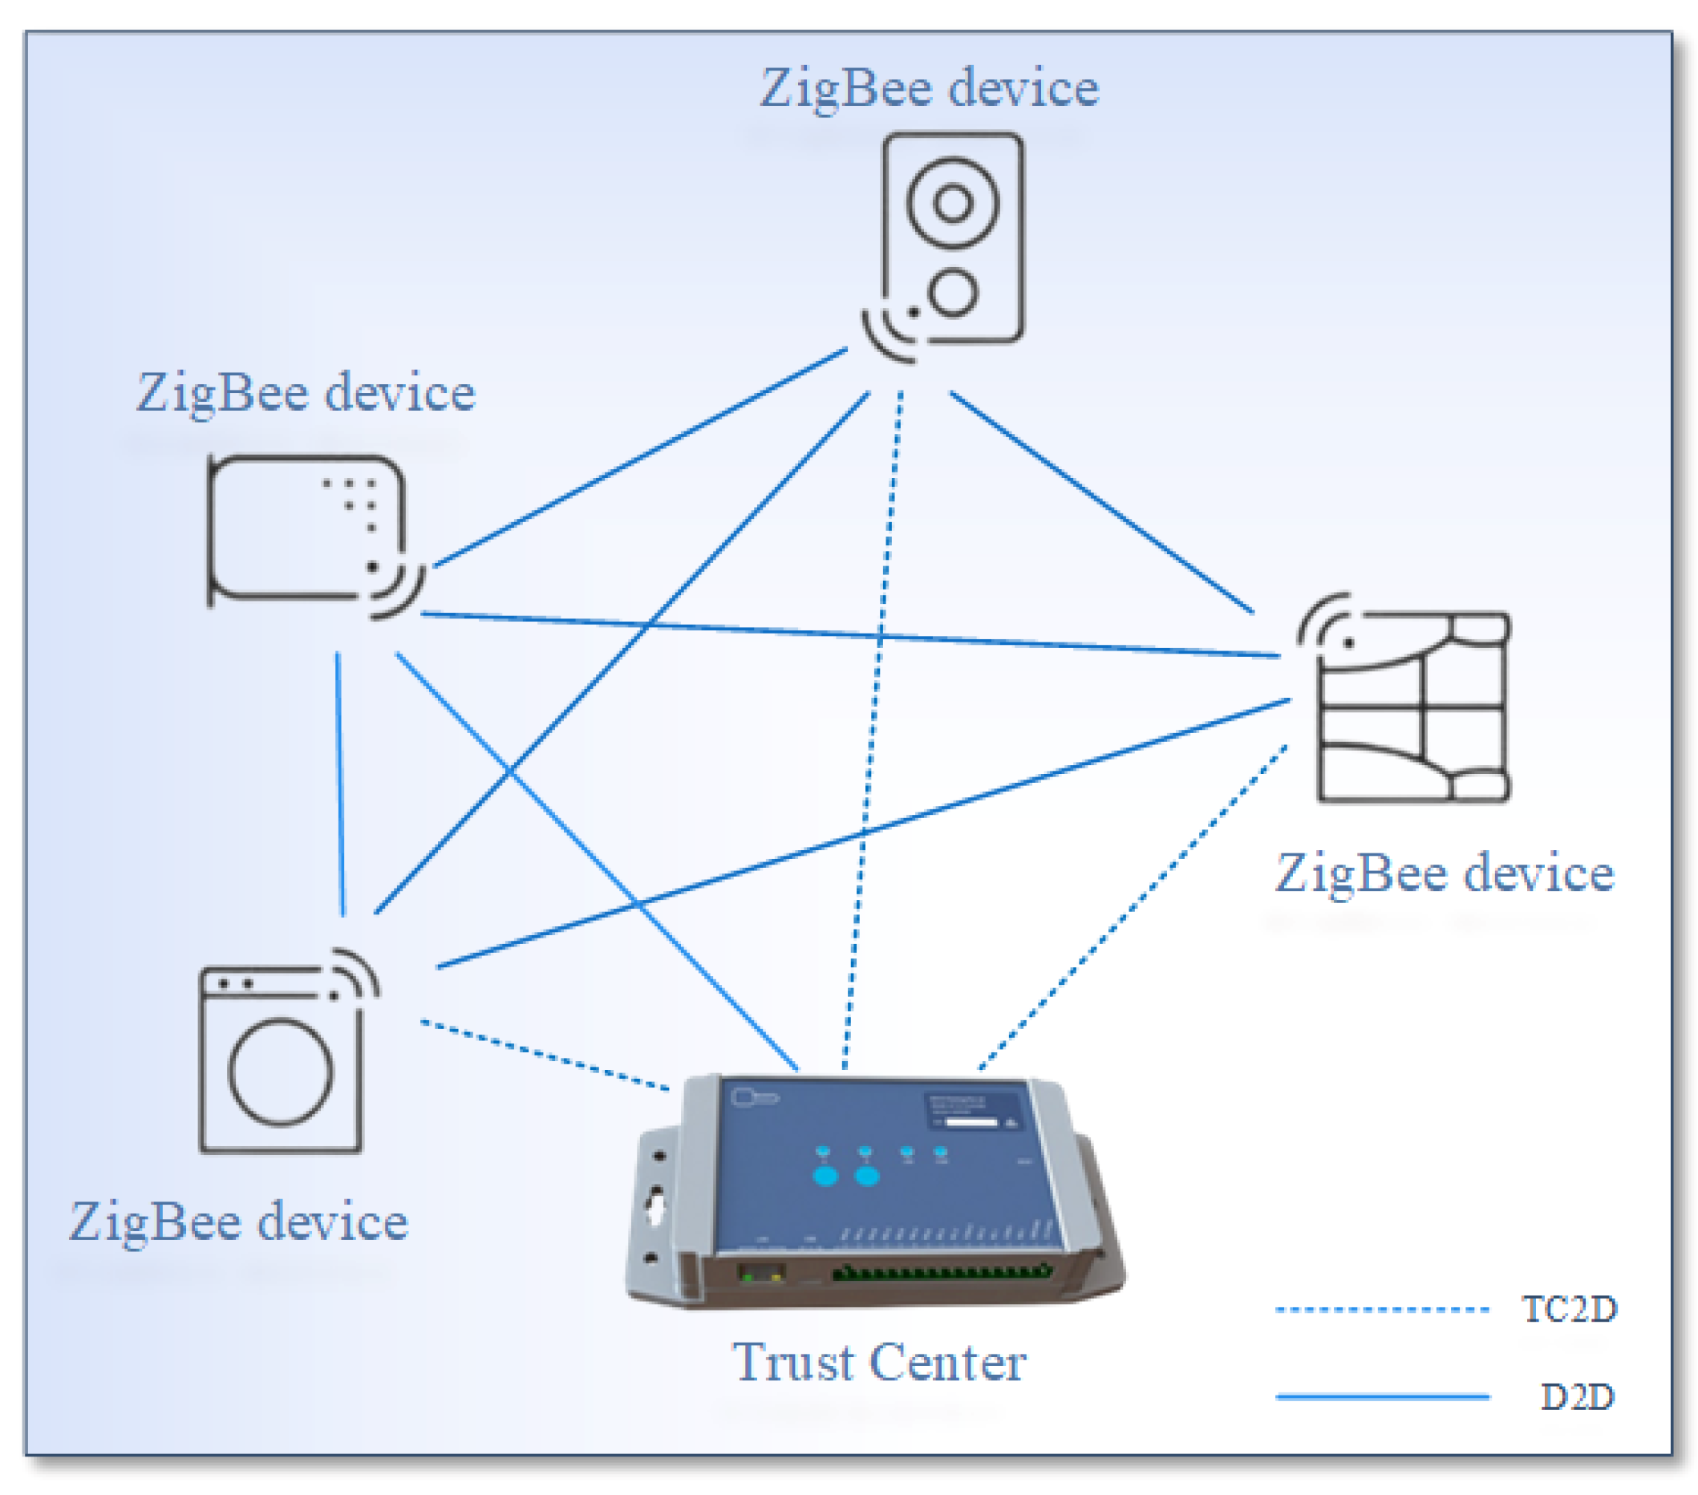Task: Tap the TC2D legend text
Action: point(1568,1309)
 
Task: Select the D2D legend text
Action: point(1577,1397)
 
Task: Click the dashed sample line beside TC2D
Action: point(1380,1310)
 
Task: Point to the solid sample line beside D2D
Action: point(1380,1397)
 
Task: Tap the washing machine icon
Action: point(281,1059)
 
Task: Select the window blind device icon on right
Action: point(1412,706)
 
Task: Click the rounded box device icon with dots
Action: point(306,528)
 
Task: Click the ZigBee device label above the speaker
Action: point(929,88)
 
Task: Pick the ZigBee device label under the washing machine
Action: point(238,1222)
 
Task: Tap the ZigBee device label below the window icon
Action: point(1444,873)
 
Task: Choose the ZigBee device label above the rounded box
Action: point(306,393)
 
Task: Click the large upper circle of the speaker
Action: point(952,203)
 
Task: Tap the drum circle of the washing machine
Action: point(281,1072)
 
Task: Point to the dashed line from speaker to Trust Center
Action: point(873,731)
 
